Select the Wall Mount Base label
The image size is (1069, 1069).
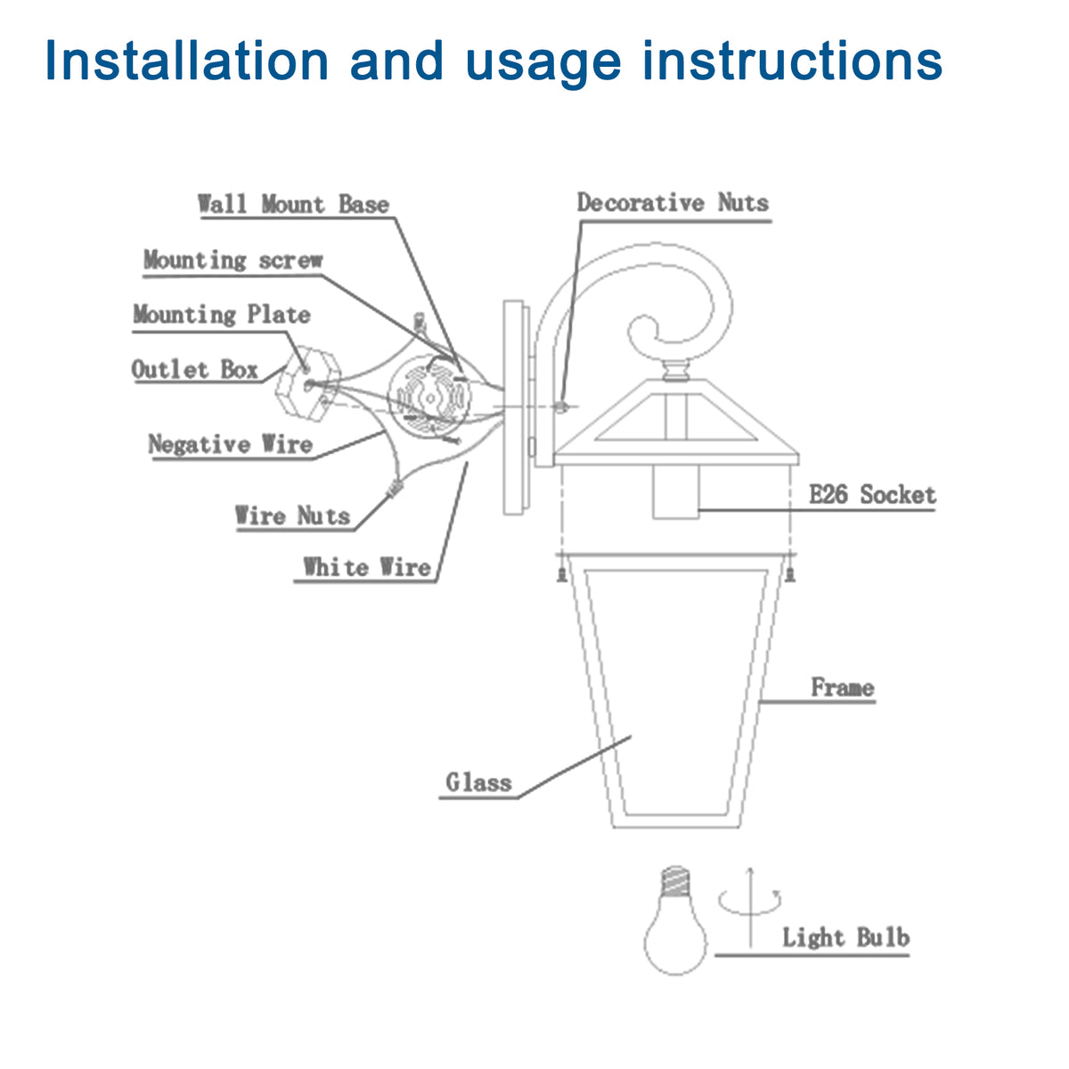point(293,204)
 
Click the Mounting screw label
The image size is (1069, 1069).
point(233,260)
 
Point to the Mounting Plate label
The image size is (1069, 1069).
point(222,314)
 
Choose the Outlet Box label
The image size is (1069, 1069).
point(195,370)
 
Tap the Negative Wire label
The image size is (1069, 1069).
point(230,445)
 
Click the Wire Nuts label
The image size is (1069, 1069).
point(292,516)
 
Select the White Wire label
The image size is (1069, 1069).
point(366,567)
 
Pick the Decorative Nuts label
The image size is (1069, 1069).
point(673,203)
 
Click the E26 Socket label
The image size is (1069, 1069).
point(872,495)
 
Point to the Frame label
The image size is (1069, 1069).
point(842,688)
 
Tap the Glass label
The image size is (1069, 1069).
point(479,783)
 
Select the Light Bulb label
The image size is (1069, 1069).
point(845,937)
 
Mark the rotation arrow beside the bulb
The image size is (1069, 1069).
point(750,902)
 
